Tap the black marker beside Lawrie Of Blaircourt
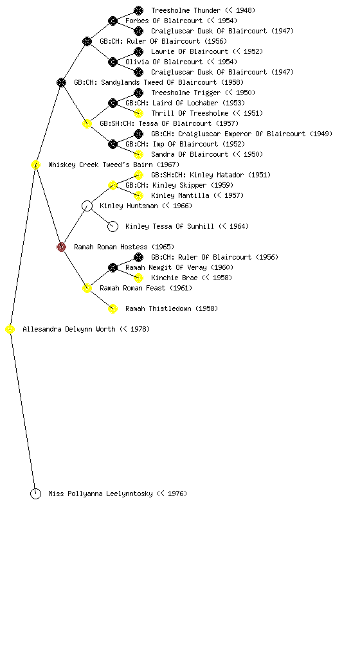coord(138,51)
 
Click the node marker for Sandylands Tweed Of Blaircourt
coord(61,82)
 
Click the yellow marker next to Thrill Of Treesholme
coord(138,113)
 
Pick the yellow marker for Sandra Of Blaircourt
coord(138,154)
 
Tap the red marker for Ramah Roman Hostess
coord(61,247)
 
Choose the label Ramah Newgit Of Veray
coord(179,267)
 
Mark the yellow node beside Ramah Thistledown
coord(113,308)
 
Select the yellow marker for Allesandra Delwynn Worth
coord(10,329)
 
